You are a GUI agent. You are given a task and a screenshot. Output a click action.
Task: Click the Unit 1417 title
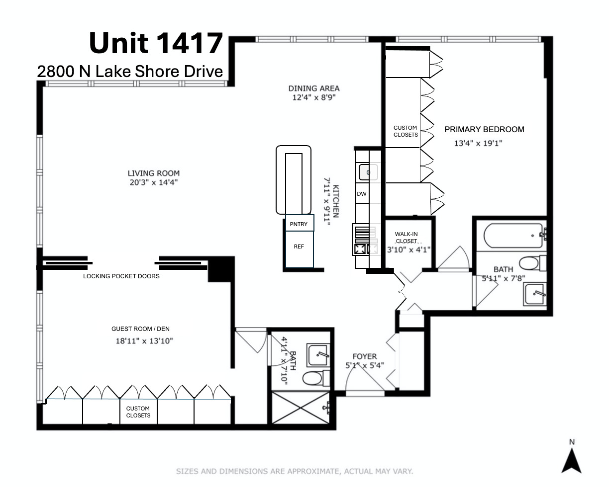[x=156, y=43]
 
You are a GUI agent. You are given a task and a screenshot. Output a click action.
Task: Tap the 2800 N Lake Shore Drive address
[x=130, y=71]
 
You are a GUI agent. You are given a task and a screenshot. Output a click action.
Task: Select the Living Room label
[x=153, y=173]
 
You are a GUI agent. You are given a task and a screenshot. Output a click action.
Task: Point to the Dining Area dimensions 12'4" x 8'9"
[x=314, y=97]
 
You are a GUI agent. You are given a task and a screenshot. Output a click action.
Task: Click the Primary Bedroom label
[x=484, y=129]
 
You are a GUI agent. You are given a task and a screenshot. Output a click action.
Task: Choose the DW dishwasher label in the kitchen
[x=362, y=194]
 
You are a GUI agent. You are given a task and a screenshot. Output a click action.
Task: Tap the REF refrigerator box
[x=299, y=249]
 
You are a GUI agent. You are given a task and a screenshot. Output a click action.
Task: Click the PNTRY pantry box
[x=300, y=223]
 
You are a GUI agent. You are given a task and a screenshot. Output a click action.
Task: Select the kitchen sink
[x=368, y=172]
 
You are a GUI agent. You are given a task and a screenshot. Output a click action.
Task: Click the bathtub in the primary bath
[x=513, y=236]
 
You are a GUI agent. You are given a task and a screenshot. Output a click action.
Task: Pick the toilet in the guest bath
[x=316, y=378]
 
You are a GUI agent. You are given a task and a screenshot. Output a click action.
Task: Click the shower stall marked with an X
[x=301, y=407]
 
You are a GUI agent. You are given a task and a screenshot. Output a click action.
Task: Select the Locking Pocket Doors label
[x=121, y=276]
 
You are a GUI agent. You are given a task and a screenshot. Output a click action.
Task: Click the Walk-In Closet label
[x=406, y=238]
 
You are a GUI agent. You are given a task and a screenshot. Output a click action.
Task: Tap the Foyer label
[x=365, y=356]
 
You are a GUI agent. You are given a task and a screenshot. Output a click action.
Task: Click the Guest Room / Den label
[x=140, y=328]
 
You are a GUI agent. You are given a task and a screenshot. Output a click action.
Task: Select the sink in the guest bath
[x=318, y=355]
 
